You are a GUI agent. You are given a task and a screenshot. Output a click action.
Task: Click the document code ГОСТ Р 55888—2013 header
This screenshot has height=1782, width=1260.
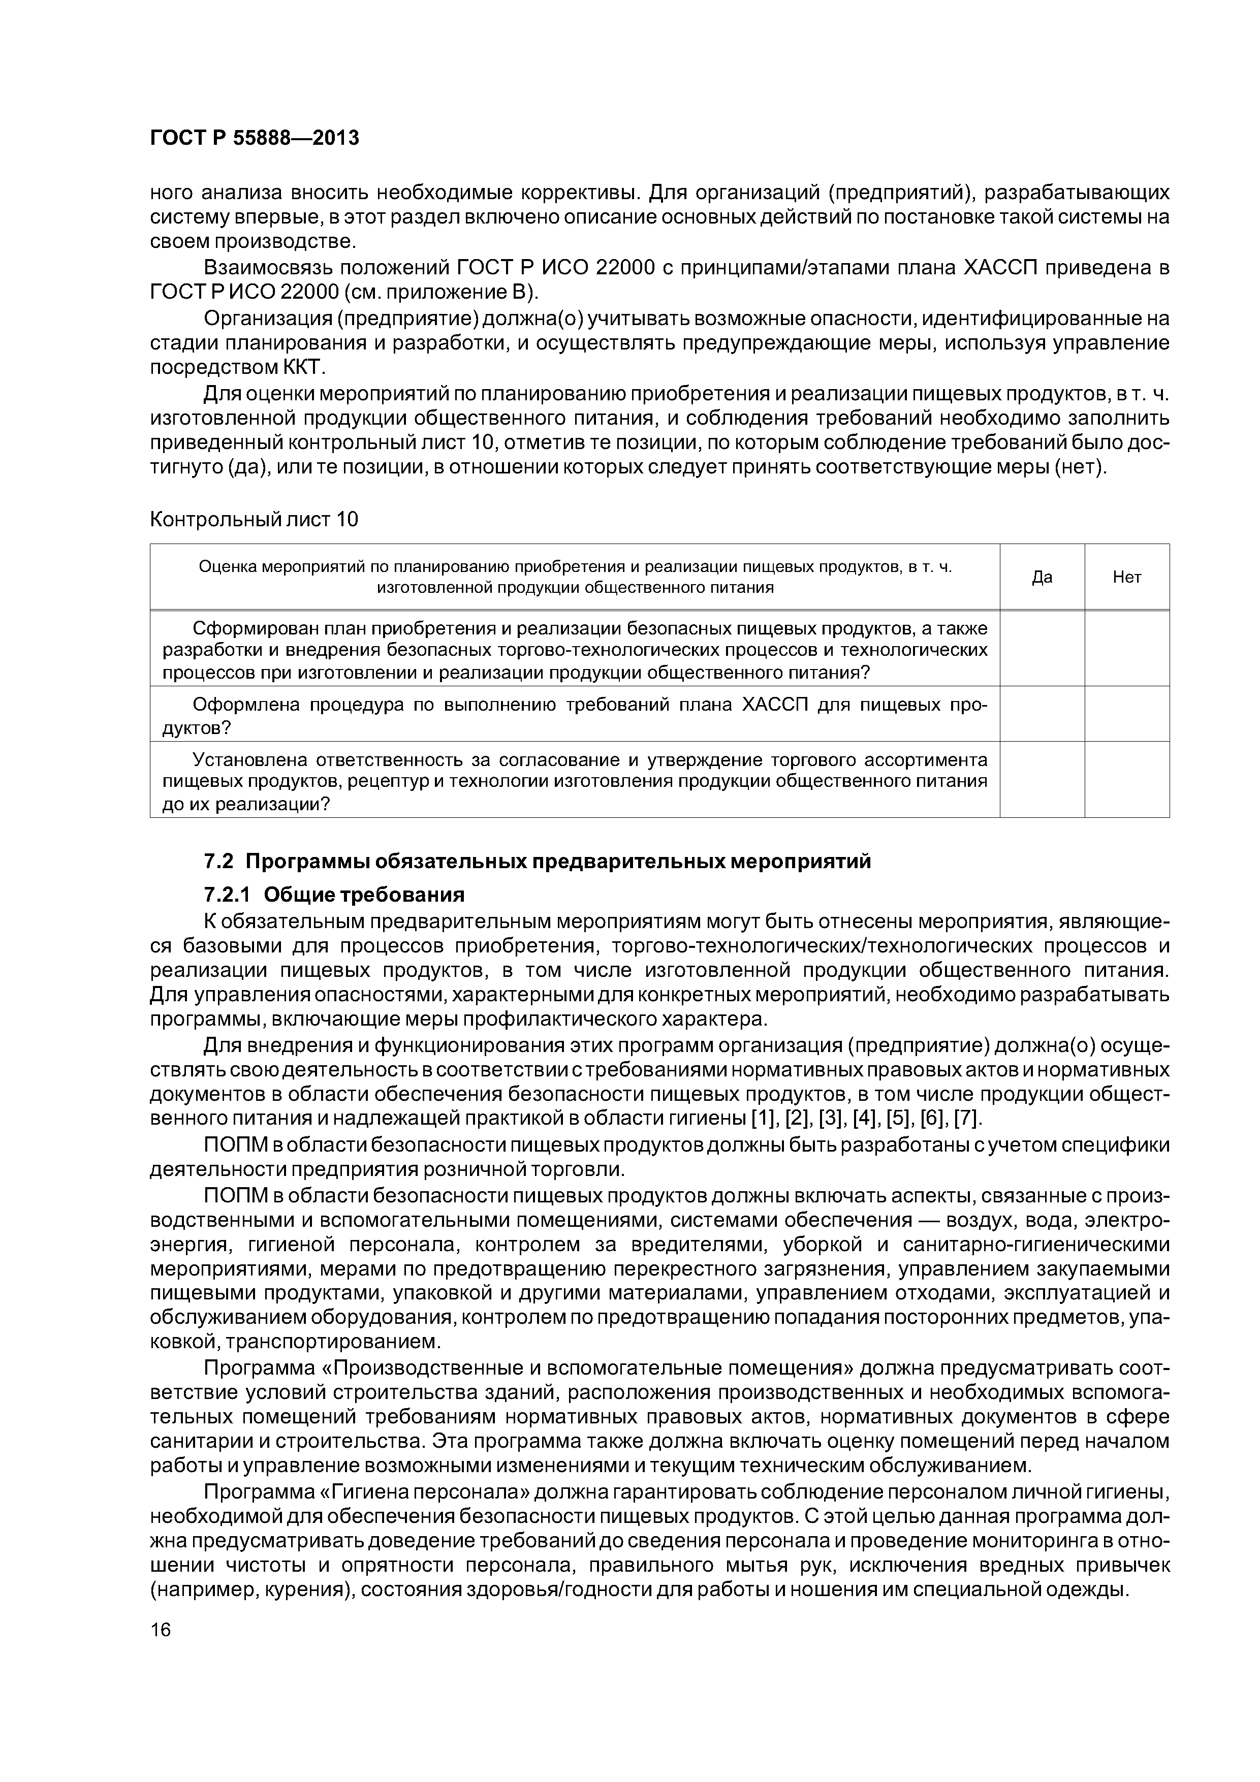click(254, 138)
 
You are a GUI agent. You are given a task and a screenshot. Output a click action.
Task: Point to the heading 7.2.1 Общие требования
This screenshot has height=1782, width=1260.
click(334, 895)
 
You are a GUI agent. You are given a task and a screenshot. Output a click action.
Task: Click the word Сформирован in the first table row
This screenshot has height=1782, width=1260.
click(251, 627)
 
